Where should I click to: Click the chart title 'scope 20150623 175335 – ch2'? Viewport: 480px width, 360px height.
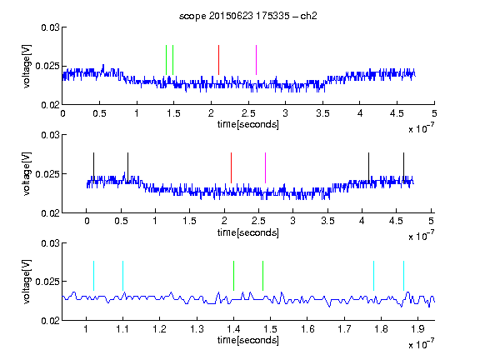click(x=248, y=16)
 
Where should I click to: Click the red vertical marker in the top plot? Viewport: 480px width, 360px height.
click(x=218, y=60)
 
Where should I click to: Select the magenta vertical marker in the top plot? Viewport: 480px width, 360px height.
click(x=256, y=60)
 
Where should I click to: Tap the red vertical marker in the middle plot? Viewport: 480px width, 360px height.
click(x=231, y=167)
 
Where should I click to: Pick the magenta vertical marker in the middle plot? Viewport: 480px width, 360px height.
click(x=265, y=167)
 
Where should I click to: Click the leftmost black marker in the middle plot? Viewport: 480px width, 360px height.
click(x=93, y=167)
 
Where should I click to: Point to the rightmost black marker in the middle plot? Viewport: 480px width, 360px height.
click(x=403, y=167)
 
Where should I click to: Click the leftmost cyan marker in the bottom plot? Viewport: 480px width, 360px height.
click(x=93, y=276)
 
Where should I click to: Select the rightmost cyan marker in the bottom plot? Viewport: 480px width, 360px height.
click(x=403, y=276)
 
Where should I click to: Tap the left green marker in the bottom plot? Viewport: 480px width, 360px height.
click(x=233, y=276)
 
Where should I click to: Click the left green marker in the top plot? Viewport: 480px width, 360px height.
click(x=166, y=60)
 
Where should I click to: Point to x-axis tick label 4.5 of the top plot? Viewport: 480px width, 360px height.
click(x=397, y=113)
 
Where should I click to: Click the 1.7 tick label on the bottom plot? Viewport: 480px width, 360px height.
click(x=344, y=329)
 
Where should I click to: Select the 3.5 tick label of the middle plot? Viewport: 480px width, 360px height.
click(x=327, y=221)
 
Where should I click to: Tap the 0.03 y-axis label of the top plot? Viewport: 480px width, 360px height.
click(x=50, y=27)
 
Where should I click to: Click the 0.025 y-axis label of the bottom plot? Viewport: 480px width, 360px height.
click(x=47, y=282)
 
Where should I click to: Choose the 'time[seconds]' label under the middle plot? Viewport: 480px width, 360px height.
click(x=248, y=232)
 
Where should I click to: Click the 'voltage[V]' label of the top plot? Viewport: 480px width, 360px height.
click(x=27, y=66)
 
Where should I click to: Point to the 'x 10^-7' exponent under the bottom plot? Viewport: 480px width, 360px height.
click(x=421, y=344)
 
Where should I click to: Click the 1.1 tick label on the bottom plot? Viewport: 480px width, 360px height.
click(x=122, y=329)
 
